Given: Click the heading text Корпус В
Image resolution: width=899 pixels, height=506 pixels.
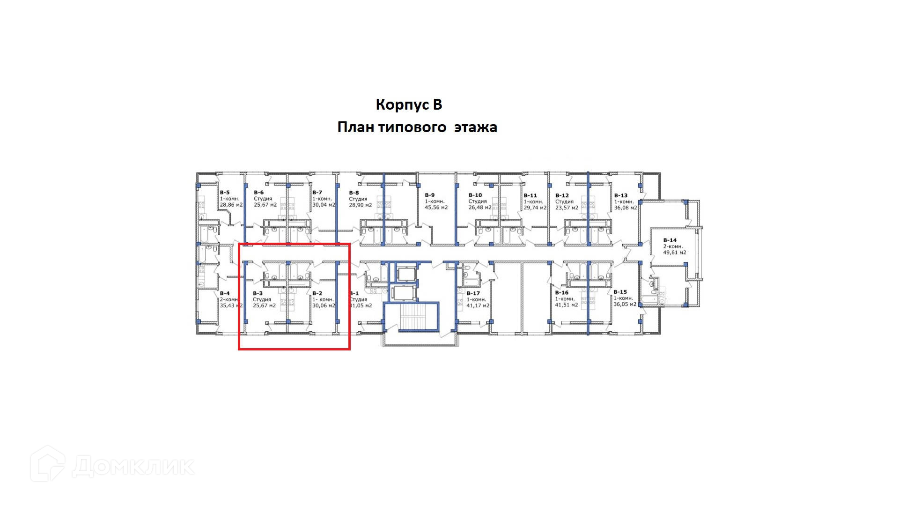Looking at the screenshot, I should (409, 104).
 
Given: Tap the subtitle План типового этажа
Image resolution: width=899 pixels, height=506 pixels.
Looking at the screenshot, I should (417, 127).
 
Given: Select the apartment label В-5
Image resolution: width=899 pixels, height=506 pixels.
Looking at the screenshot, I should (225, 193).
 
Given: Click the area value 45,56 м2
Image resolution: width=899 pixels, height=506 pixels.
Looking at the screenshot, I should (436, 208).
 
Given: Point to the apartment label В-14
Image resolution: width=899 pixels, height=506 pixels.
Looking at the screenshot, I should (670, 240).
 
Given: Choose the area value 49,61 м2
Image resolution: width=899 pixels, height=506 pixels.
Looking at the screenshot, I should (674, 253).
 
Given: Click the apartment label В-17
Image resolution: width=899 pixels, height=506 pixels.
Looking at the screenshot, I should (473, 293).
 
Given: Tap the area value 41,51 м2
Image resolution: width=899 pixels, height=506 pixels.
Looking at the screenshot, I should (566, 305).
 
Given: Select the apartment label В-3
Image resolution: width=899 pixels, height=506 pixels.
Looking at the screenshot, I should (258, 293).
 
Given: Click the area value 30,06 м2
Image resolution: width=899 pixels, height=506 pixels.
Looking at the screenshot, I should (324, 305).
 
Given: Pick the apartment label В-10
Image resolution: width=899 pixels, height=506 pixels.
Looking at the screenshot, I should (475, 195).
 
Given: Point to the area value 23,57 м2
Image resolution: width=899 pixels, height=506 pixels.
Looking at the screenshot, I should (567, 208).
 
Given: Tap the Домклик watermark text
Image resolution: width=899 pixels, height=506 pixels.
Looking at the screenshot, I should (133, 466).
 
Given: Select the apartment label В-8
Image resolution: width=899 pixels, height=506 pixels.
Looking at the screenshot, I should (354, 193).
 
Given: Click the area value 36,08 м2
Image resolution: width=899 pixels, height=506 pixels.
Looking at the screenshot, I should (625, 208).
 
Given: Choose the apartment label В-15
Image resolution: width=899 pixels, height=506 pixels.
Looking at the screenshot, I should (620, 292).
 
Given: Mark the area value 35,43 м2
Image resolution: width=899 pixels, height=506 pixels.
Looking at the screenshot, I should (231, 305).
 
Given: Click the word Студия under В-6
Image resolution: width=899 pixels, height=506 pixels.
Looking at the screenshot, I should (263, 199).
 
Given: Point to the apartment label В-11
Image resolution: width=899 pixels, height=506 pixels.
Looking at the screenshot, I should (530, 196).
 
